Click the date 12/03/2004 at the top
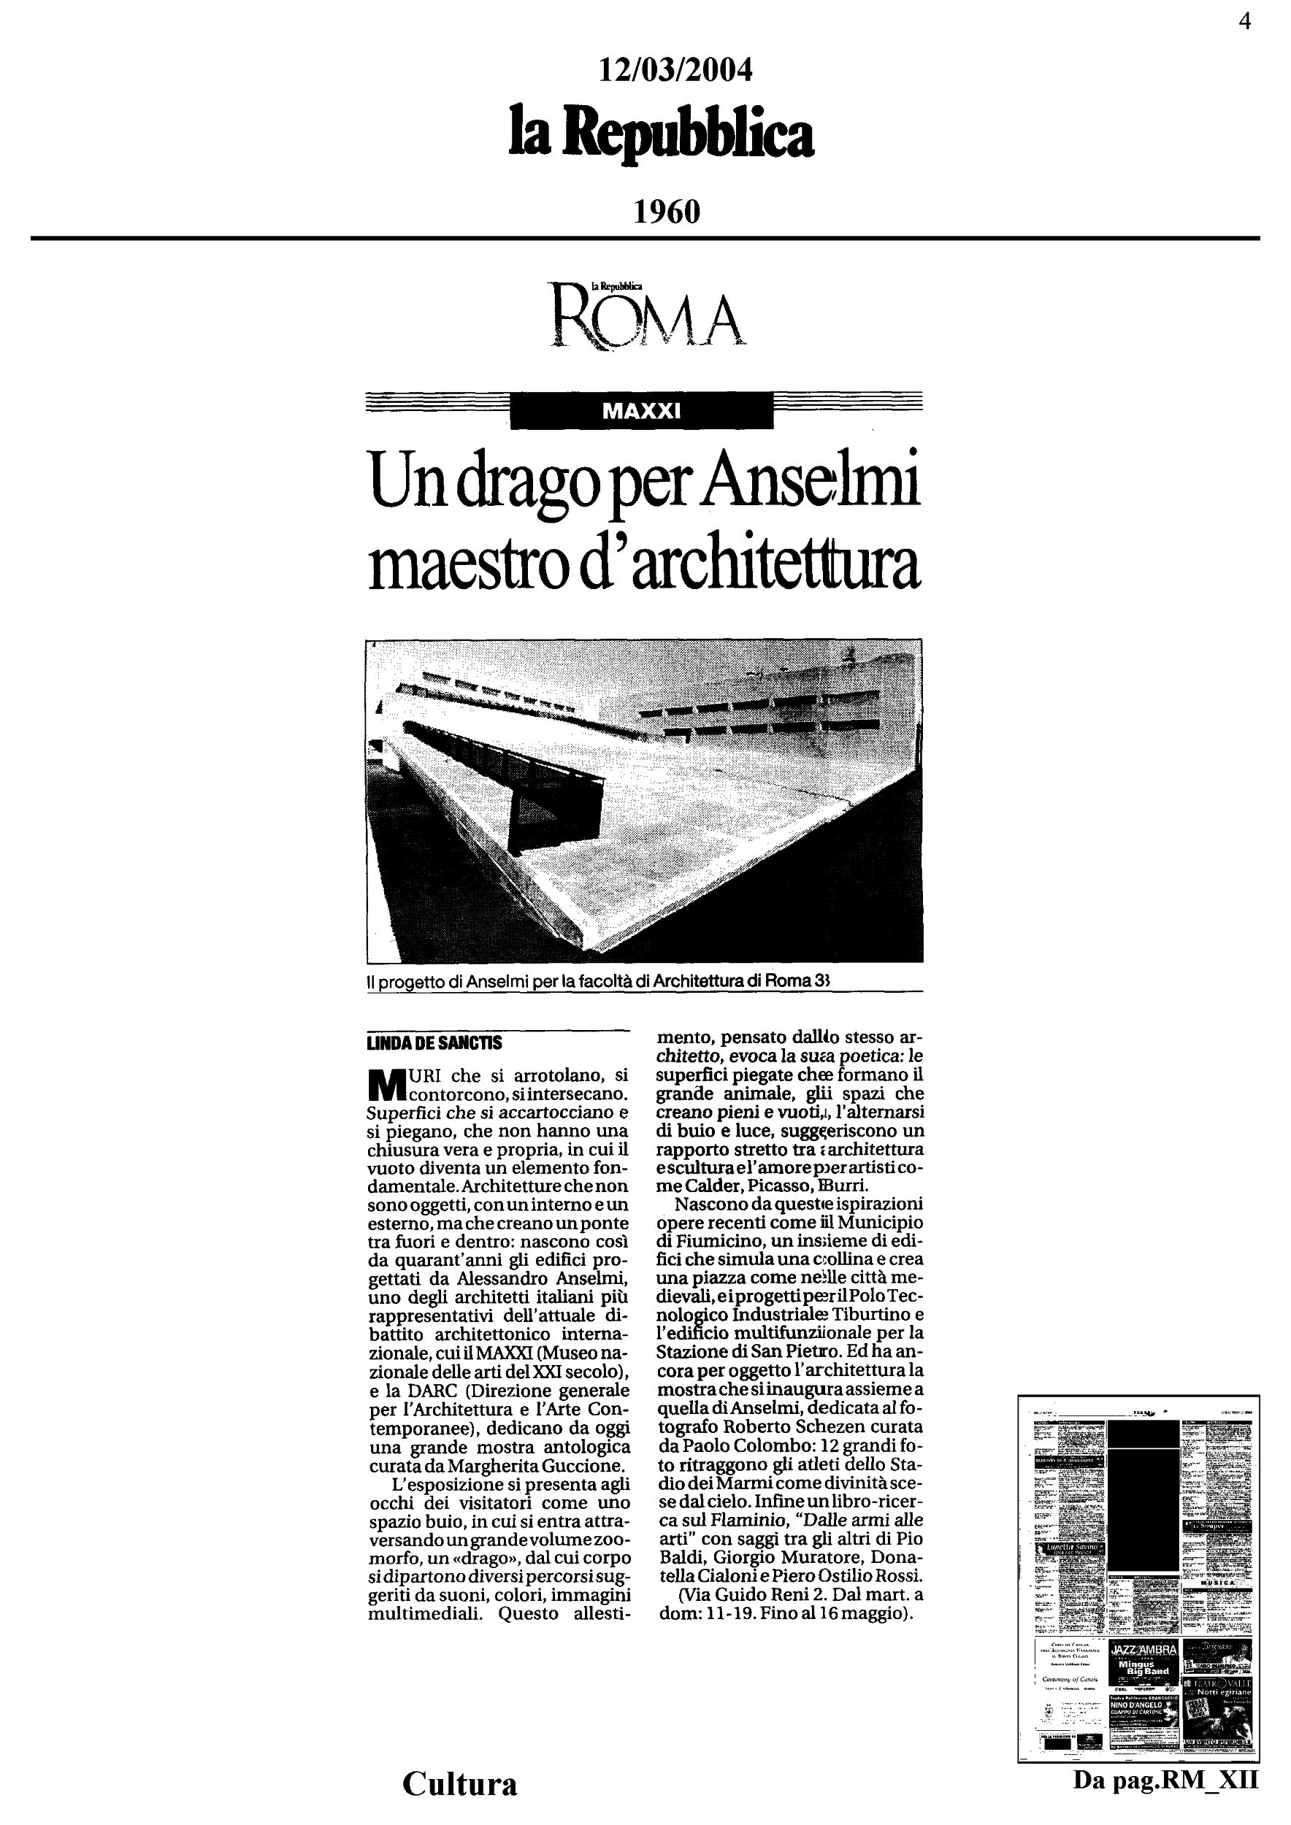click(x=675, y=72)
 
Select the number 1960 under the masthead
click(x=667, y=212)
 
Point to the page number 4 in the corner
click(x=1244, y=21)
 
